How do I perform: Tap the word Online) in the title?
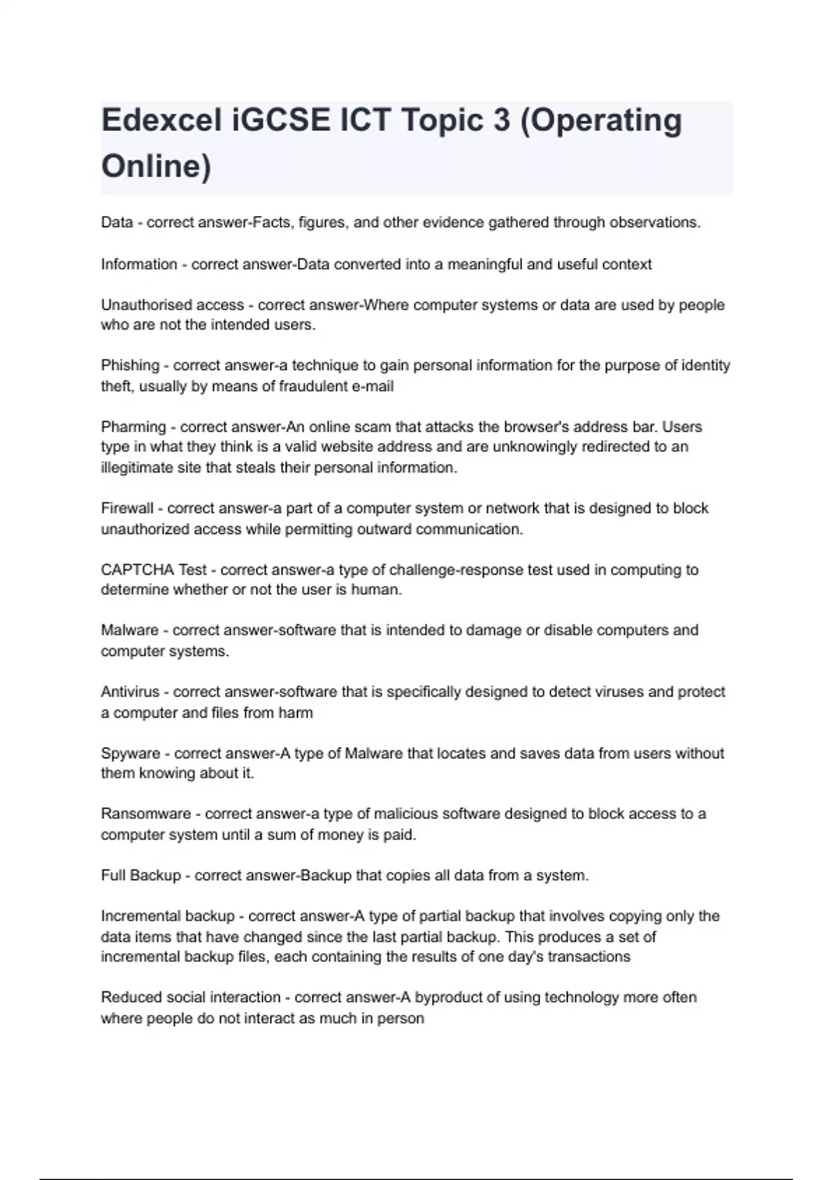pos(156,167)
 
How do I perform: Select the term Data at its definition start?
pos(117,223)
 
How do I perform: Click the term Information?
pos(139,264)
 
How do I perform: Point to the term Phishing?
pos(130,366)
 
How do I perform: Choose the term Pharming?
pos(133,427)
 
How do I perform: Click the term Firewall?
pos(127,509)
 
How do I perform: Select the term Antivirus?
pos(130,692)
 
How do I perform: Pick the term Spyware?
pos(131,754)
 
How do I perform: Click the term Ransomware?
pos(146,814)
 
